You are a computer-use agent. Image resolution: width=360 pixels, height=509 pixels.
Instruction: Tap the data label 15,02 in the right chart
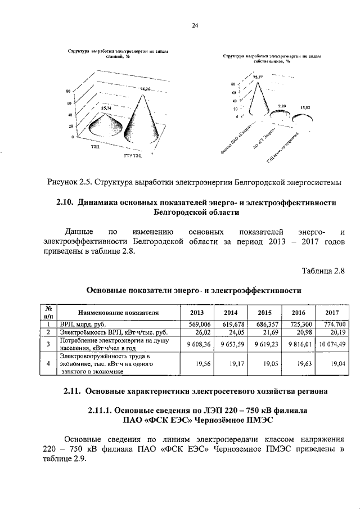point(305,107)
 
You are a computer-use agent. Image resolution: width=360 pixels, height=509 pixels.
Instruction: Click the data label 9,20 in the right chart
point(282,105)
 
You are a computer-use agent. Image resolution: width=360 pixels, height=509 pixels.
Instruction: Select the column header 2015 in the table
point(264,312)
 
